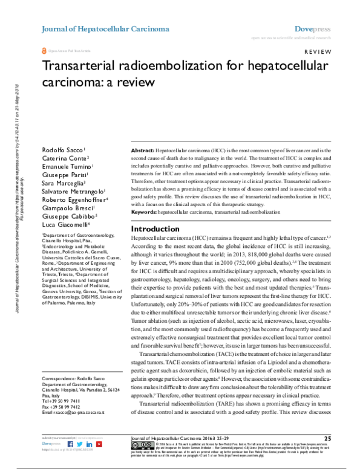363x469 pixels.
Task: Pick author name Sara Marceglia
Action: pos(63,182)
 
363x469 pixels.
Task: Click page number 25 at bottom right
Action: pos(327,437)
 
